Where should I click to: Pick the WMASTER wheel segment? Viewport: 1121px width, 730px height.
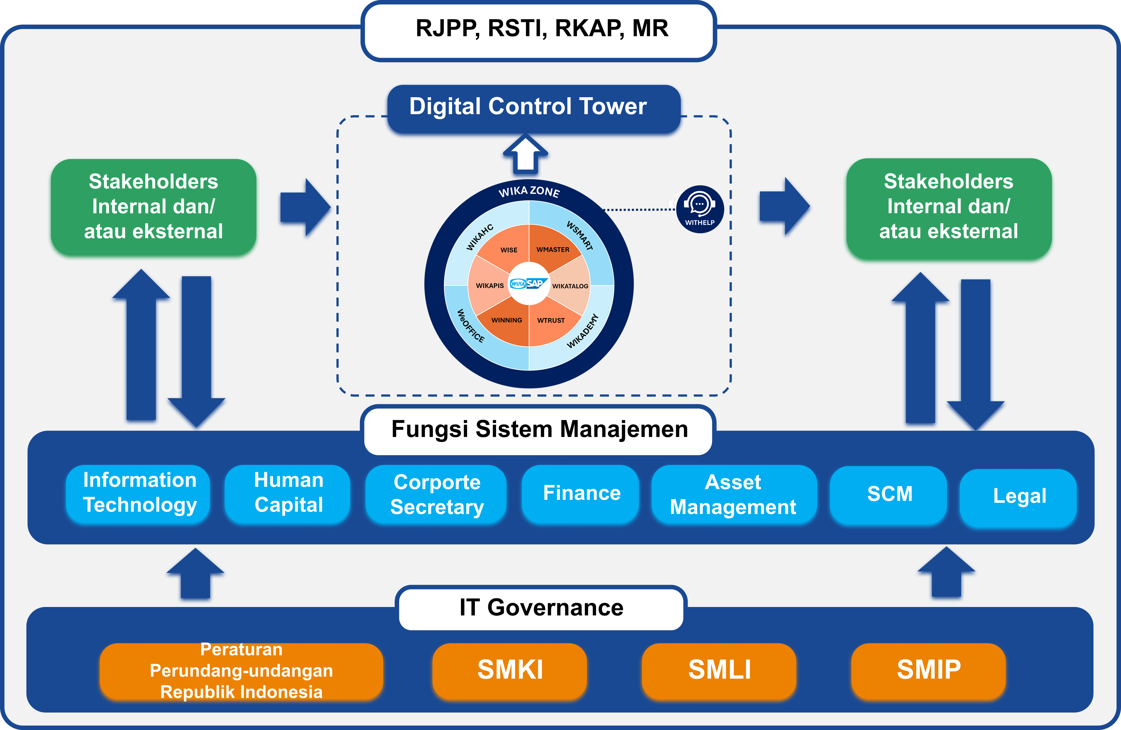[x=552, y=249]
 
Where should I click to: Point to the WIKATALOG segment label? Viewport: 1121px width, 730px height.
[x=570, y=286]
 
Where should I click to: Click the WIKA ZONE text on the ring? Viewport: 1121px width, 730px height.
[x=529, y=191]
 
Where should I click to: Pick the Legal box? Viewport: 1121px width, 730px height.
[x=1018, y=497]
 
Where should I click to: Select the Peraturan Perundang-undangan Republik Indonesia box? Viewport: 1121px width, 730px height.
[x=241, y=671]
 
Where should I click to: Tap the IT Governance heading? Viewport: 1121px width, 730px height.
[x=541, y=607]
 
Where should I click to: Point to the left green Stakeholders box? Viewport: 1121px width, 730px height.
[x=153, y=207]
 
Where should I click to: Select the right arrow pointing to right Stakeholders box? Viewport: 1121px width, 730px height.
[x=783, y=206]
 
